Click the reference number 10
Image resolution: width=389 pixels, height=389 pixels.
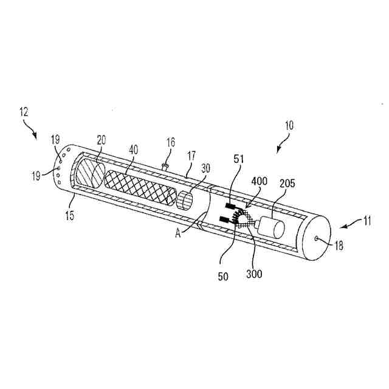coord(289,126)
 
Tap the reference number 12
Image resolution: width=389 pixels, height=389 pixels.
coord(24,112)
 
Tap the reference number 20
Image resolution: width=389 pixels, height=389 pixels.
coord(101,139)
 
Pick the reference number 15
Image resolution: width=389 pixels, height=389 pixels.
coord(71,215)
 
